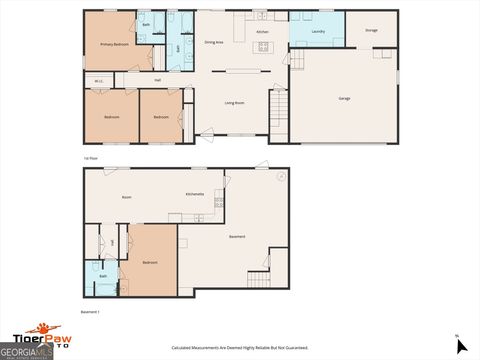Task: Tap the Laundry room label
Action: (318, 32)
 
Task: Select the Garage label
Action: (344, 97)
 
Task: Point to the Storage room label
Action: (371, 31)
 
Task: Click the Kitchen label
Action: (262, 32)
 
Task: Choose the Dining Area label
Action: (213, 42)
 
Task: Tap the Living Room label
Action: (235, 103)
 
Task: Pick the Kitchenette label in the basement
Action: (195, 193)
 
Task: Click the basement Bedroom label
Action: (150, 262)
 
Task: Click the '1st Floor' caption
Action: (90, 159)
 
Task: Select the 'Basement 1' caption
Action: (90, 311)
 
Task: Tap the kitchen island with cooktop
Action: (263, 46)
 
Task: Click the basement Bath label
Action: (103, 275)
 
